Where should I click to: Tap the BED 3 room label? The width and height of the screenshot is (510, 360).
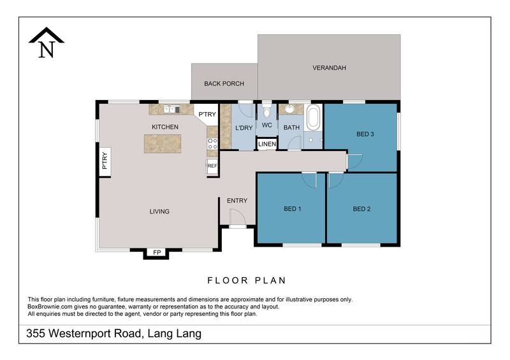[x=365, y=134]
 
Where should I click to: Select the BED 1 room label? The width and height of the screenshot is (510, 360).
[x=292, y=209]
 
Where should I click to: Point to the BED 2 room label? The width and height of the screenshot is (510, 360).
[x=361, y=209]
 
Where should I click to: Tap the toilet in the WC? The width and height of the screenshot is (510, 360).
[x=266, y=112]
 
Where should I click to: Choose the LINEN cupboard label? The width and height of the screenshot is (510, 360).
[x=267, y=144]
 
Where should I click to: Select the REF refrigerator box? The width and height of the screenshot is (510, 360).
[x=212, y=166]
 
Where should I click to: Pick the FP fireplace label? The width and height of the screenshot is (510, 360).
[x=156, y=253]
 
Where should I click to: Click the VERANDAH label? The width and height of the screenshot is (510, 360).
[x=329, y=68]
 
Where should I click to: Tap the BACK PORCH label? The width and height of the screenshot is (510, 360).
[x=224, y=83]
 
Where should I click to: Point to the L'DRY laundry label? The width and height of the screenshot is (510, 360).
[x=244, y=128]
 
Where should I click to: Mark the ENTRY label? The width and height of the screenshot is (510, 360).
[x=237, y=201]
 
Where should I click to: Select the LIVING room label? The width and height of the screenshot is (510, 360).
[x=159, y=212]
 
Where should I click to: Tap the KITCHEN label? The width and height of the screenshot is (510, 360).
[x=164, y=127]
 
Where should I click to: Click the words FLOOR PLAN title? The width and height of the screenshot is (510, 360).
[x=247, y=280]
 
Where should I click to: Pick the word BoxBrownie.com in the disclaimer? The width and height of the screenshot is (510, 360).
[x=50, y=306]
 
